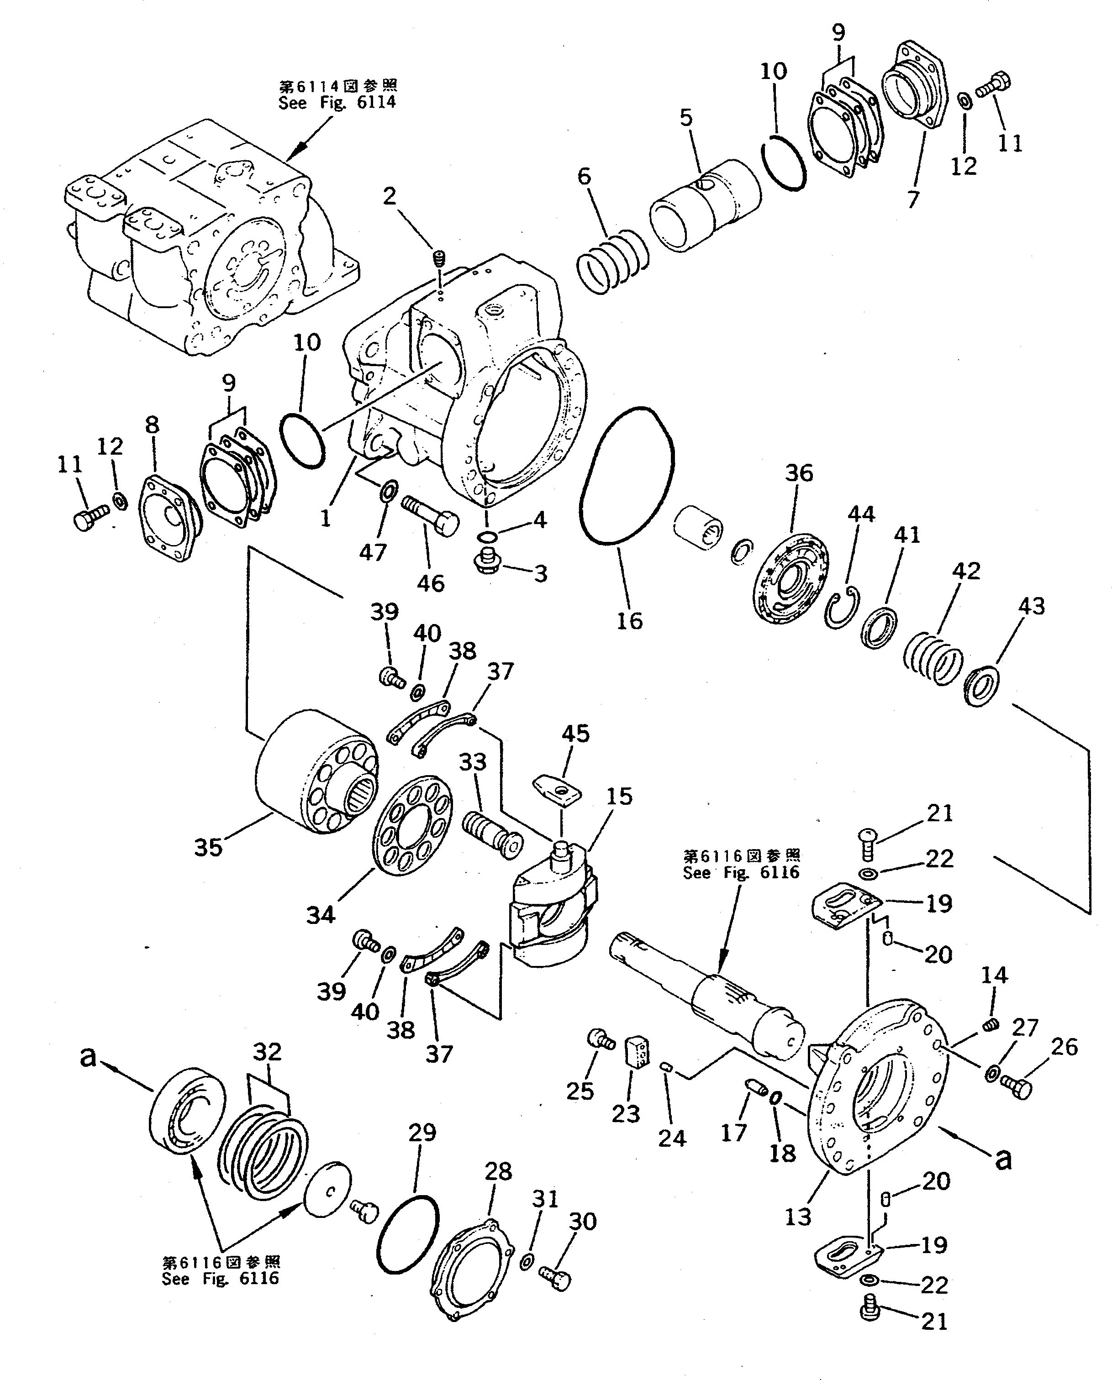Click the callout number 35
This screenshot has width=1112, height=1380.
(x=208, y=847)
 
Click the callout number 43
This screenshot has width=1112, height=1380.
(x=1031, y=606)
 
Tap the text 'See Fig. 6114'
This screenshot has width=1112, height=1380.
(x=337, y=102)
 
